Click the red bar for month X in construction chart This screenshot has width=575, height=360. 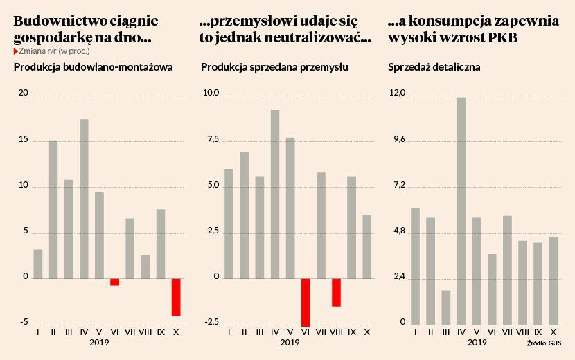176,297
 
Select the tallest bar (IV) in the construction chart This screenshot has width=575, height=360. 84,199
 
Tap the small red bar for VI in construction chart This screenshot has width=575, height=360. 114,282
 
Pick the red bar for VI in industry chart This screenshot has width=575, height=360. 306,302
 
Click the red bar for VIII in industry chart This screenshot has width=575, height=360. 336,292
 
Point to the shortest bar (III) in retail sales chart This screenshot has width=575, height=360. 446,307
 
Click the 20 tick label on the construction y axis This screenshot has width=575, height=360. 24,94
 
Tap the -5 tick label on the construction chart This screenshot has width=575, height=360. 24,323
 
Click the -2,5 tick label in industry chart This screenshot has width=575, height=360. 209,323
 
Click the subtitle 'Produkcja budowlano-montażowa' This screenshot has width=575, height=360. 94,67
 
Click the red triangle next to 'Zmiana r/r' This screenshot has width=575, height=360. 16,51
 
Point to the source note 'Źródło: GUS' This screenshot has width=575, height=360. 544,343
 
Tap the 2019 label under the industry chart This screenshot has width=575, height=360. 290,343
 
